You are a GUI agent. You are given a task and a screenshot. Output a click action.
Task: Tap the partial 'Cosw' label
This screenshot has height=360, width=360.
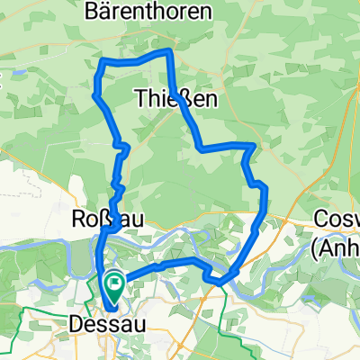[x=338, y=220]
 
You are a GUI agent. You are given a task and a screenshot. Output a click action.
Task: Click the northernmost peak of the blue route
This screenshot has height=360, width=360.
[x=167, y=52]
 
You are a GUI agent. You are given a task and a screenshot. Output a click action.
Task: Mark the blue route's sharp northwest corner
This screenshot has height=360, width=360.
[x=101, y=61]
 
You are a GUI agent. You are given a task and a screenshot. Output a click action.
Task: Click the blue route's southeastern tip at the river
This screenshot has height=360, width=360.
[x=220, y=284]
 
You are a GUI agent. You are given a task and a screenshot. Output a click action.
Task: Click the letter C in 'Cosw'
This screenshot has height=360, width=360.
[x=322, y=220]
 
